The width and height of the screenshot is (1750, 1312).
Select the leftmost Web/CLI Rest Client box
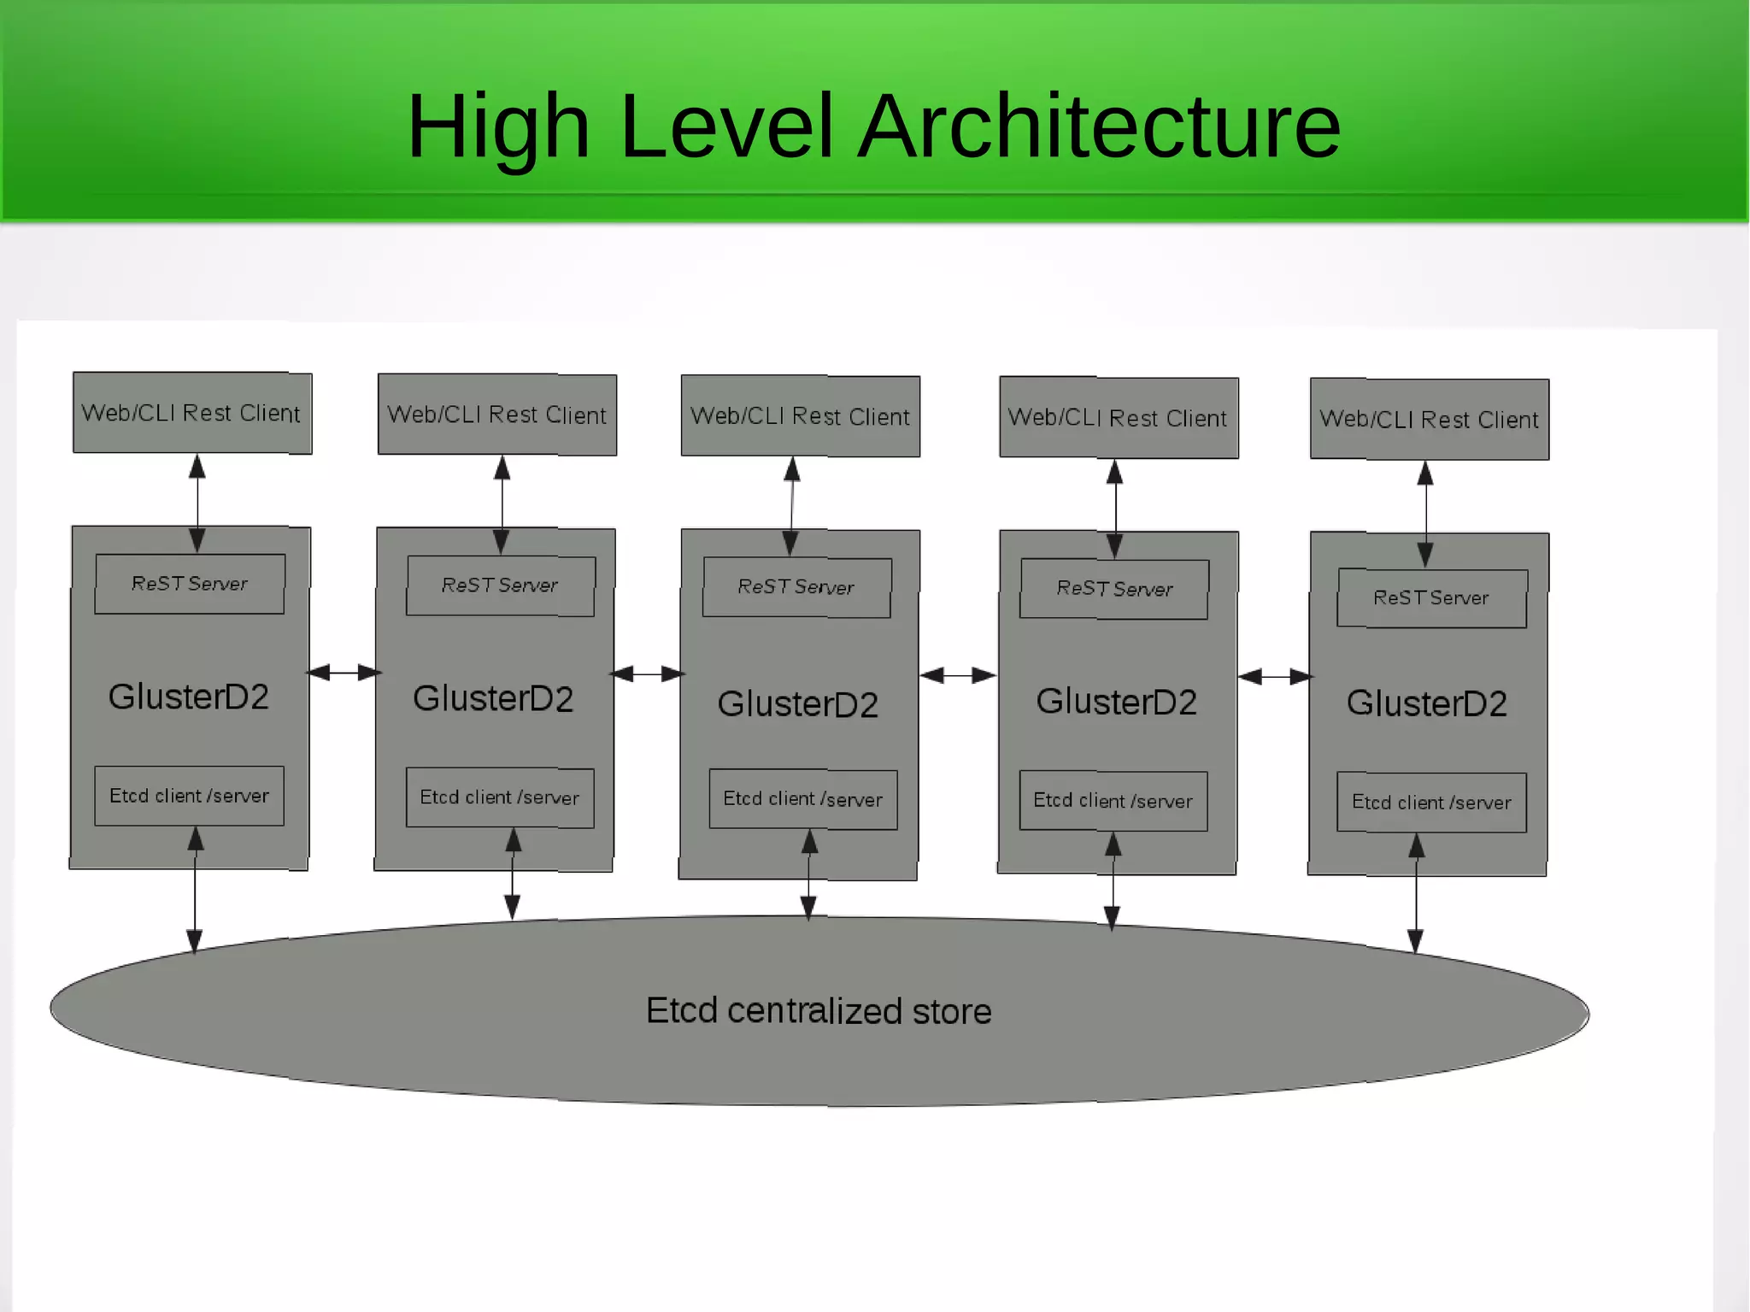[x=192, y=413]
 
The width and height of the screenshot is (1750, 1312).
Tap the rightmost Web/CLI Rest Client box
[x=1430, y=419]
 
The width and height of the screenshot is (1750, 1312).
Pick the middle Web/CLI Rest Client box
[x=801, y=416]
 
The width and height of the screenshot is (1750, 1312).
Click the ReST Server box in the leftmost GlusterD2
[x=190, y=584]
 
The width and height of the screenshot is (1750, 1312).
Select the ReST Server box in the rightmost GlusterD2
[x=1432, y=597]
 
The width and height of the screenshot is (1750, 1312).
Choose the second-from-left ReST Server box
[x=501, y=585]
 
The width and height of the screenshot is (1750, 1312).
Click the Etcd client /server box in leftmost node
[x=190, y=796]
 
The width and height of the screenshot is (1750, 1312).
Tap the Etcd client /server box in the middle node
[x=803, y=799]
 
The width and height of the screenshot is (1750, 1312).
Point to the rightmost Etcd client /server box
[x=1432, y=802]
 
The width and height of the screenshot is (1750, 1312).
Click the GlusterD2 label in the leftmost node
[x=189, y=697]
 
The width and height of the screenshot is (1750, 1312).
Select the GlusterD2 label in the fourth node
[x=1117, y=702]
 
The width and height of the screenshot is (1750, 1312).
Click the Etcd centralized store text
[x=819, y=1011]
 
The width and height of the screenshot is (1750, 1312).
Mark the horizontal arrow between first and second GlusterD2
[x=344, y=673]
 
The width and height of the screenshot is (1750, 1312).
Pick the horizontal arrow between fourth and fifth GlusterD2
[x=1275, y=677]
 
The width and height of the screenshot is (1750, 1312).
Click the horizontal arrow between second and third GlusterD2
[x=648, y=674]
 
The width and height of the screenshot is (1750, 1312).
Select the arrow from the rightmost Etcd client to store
[x=1416, y=893]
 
